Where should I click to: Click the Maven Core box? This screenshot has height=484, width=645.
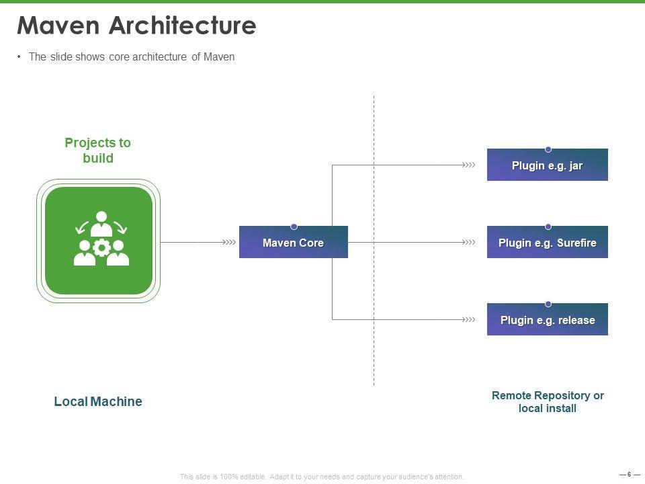(294, 243)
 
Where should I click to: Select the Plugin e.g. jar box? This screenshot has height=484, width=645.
(547, 165)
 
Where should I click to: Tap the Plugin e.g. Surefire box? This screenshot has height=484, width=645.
(547, 243)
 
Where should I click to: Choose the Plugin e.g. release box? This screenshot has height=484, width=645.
(547, 320)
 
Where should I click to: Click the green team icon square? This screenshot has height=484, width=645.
(99, 241)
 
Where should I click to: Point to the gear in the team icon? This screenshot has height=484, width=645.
(101, 248)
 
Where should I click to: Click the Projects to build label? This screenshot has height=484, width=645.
(98, 151)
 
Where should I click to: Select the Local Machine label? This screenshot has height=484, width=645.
(98, 402)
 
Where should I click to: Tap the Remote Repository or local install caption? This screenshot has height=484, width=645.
(548, 402)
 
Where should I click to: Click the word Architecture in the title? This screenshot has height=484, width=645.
(182, 26)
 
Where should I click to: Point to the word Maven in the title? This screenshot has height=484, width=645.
(59, 26)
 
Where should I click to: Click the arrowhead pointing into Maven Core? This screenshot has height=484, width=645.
(230, 242)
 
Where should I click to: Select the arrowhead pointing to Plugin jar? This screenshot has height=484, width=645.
(469, 165)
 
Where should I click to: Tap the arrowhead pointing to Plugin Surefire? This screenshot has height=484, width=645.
(469, 242)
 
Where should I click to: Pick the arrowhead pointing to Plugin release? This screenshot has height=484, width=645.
(469, 319)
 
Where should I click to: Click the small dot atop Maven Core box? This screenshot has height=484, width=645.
(294, 227)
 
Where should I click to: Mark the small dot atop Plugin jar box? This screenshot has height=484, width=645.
(548, 149)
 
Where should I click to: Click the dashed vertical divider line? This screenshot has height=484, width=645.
(374, 202)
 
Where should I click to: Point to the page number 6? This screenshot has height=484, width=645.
(629, 475)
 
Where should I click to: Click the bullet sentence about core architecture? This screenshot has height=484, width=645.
(132, 57)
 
